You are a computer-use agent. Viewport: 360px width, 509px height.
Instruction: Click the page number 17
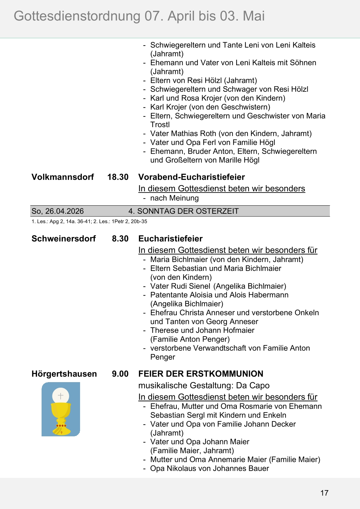pyautogui.click(x=324, y=493)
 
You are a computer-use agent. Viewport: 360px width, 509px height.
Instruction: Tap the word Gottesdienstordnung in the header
pyautogui.click(x=77, y=16)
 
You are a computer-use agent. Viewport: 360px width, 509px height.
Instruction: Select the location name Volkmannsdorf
pyautogui.click(x=63, y=177)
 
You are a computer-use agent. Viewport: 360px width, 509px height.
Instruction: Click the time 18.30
pyautogui.click(x=118, y=177)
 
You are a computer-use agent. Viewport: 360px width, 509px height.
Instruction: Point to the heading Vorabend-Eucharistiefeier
pyautogui.click(x=191, y=177)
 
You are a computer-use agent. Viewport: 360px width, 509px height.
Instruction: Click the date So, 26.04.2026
pyautogui.click(x=58, y=211)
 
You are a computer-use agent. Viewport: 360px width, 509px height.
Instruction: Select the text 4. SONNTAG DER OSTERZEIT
pyautogui.click(x=183, y=211)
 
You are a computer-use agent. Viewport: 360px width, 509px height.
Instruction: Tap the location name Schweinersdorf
pyautogui.click(x=63, y=239)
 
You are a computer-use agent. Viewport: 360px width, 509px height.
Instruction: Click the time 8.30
pyautogui.click(x=120, y=239)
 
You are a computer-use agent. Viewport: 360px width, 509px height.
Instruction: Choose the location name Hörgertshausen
pyautogui.click(x=64, y=374)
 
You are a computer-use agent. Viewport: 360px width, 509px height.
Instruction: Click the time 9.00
pyautogui.click(x=120, y=374)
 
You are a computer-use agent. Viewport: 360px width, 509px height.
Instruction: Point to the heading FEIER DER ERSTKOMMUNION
pyautogui.click(x=200, y=374)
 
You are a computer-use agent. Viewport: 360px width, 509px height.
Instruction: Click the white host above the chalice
pyautogui.click(x=61, y=396)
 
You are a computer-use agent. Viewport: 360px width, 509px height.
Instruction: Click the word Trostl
pyautogui.click(x=160, y=125)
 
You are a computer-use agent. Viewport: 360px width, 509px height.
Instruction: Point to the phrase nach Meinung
pyautogui.click(x=174, y=198)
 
